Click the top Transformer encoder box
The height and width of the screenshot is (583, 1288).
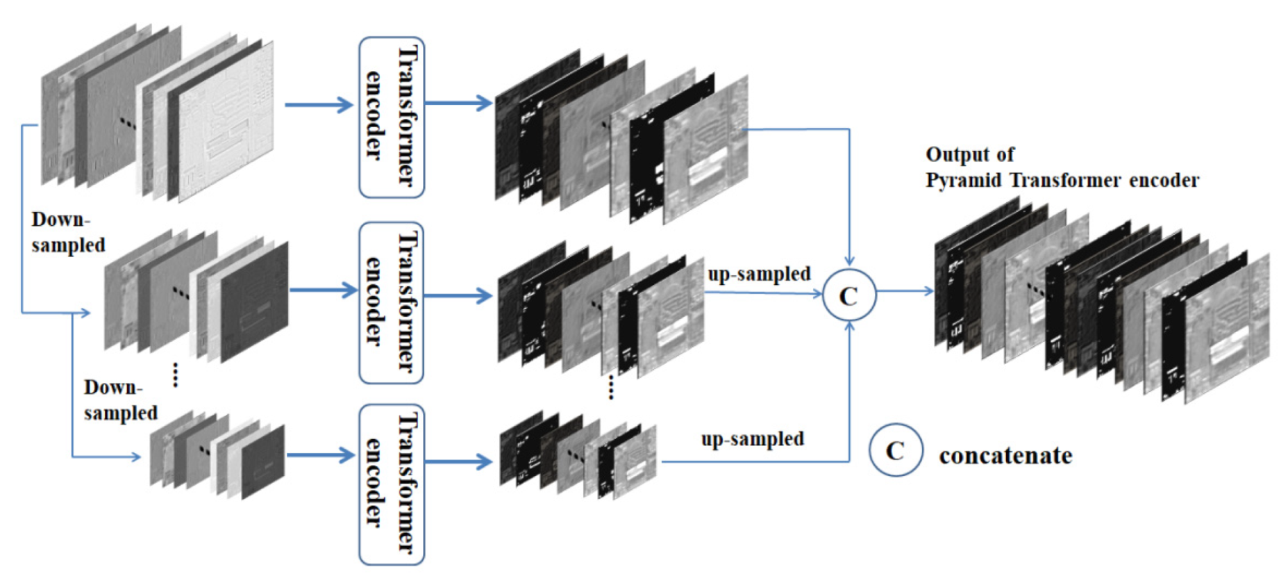[391, 117]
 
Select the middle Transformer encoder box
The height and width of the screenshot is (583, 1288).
[391, 302]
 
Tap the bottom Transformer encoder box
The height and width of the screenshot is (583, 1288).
[391, 484]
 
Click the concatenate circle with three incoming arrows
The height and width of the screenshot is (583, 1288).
[848, 295]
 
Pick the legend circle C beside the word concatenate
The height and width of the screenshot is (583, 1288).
[896, 450]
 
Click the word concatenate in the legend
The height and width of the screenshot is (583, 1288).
[1005, 456]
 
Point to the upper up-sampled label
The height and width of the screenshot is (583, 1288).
[758, 274]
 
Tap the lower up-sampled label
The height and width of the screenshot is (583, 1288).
[752, 439]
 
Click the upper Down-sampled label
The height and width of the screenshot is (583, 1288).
[67, 232]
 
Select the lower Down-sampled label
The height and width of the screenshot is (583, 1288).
[120, 400]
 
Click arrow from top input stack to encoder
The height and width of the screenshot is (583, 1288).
[319, 105]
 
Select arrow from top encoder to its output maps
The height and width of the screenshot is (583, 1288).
[458, 103]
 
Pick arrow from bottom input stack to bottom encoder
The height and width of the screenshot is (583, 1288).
[320, 455]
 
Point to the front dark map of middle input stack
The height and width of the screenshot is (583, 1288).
[255, 302]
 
